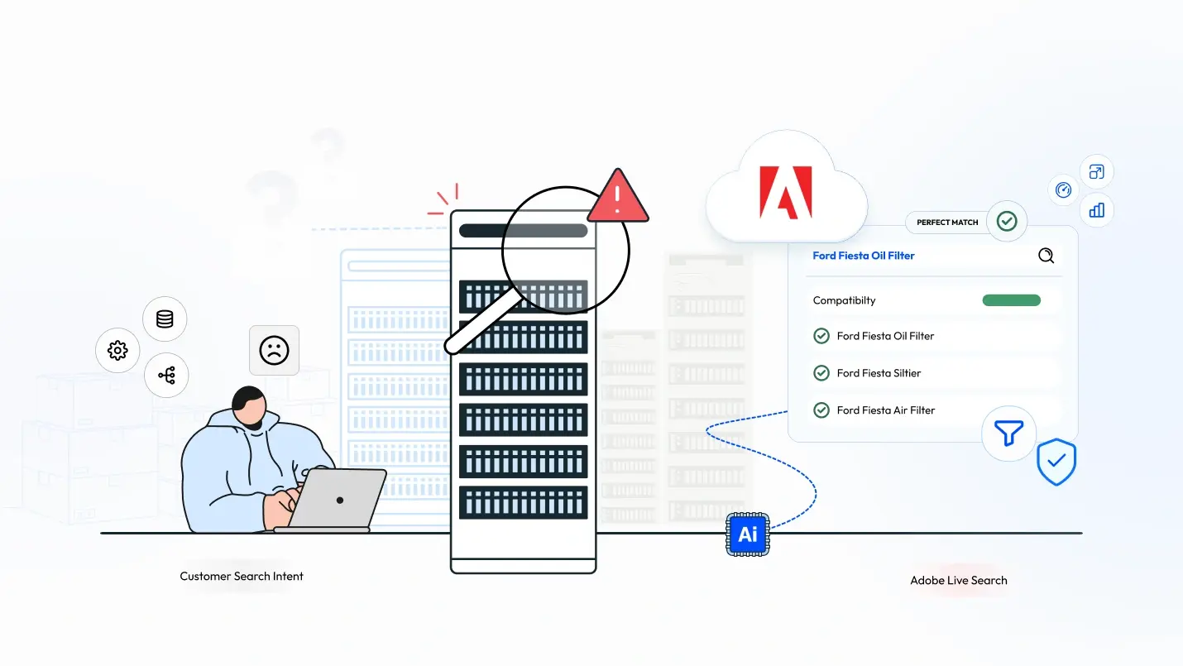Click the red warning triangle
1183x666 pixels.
619,199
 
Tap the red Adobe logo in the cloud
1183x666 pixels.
785,193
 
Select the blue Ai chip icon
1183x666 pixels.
747,534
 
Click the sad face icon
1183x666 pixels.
274,350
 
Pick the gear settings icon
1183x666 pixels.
117,350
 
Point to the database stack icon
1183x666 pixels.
165,319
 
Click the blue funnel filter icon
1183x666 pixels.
1008,434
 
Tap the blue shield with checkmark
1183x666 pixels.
1056,462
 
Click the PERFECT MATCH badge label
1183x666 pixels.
947,223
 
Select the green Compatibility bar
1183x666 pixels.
1011,300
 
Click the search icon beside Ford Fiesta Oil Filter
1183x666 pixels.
1046,256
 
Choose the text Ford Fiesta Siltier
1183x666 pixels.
879,373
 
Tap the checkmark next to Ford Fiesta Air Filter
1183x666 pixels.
821,410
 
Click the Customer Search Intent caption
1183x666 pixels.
242,576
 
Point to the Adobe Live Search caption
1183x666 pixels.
959,581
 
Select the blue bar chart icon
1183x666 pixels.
1097,209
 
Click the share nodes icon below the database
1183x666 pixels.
166,376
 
